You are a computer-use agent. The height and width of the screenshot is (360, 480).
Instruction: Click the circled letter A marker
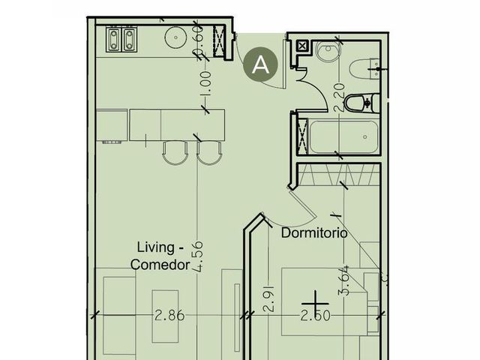[x=260, y=64]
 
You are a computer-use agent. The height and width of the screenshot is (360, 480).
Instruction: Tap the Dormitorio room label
[x=314, y=233]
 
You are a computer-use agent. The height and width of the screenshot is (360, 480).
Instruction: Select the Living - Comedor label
[x=160, y=256]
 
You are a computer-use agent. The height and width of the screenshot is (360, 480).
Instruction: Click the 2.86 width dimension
[x=169, y=315]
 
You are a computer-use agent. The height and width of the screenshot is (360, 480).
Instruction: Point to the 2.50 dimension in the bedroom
[x=316, y=316]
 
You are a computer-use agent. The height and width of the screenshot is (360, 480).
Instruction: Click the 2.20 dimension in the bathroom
[x=340, y=97]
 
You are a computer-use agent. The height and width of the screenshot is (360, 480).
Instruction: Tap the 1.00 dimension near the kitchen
[x=205, y=83]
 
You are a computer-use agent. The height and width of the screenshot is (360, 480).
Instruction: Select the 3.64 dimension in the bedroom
[x=343, y=280]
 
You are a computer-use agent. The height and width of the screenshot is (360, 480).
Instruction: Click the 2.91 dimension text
[x=268, y=298]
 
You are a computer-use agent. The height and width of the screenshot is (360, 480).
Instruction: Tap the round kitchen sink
[x=175, y=37]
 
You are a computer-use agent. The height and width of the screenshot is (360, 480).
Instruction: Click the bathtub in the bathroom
[x=343, y=136]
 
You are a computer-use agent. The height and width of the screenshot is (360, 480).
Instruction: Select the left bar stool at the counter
[x=175, y=153]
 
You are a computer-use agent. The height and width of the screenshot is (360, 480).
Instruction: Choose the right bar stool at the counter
[x=208, y=153]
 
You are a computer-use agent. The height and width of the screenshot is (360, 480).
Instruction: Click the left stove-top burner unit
[x=113, y=39]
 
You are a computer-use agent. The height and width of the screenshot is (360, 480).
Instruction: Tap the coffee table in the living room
[x=165, y=316]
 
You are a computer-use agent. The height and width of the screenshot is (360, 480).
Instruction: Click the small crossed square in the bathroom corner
[x=301, y=46]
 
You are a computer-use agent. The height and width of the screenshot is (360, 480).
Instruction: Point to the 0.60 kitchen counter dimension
[x=199, y=40]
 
